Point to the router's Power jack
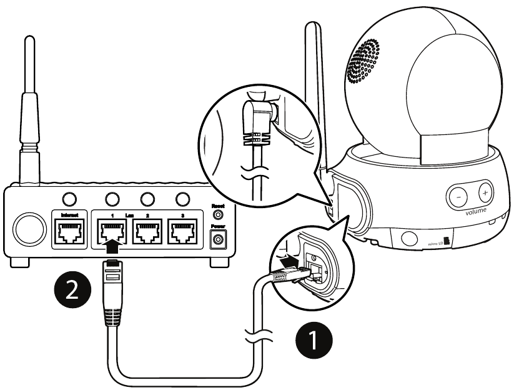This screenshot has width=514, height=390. pyautogui.click(x=219, y=239)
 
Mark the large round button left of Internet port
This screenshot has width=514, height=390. pyautogui.click(x=26, y=229)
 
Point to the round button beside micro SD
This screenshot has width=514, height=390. pyautogui.click(x=410, y=237)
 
